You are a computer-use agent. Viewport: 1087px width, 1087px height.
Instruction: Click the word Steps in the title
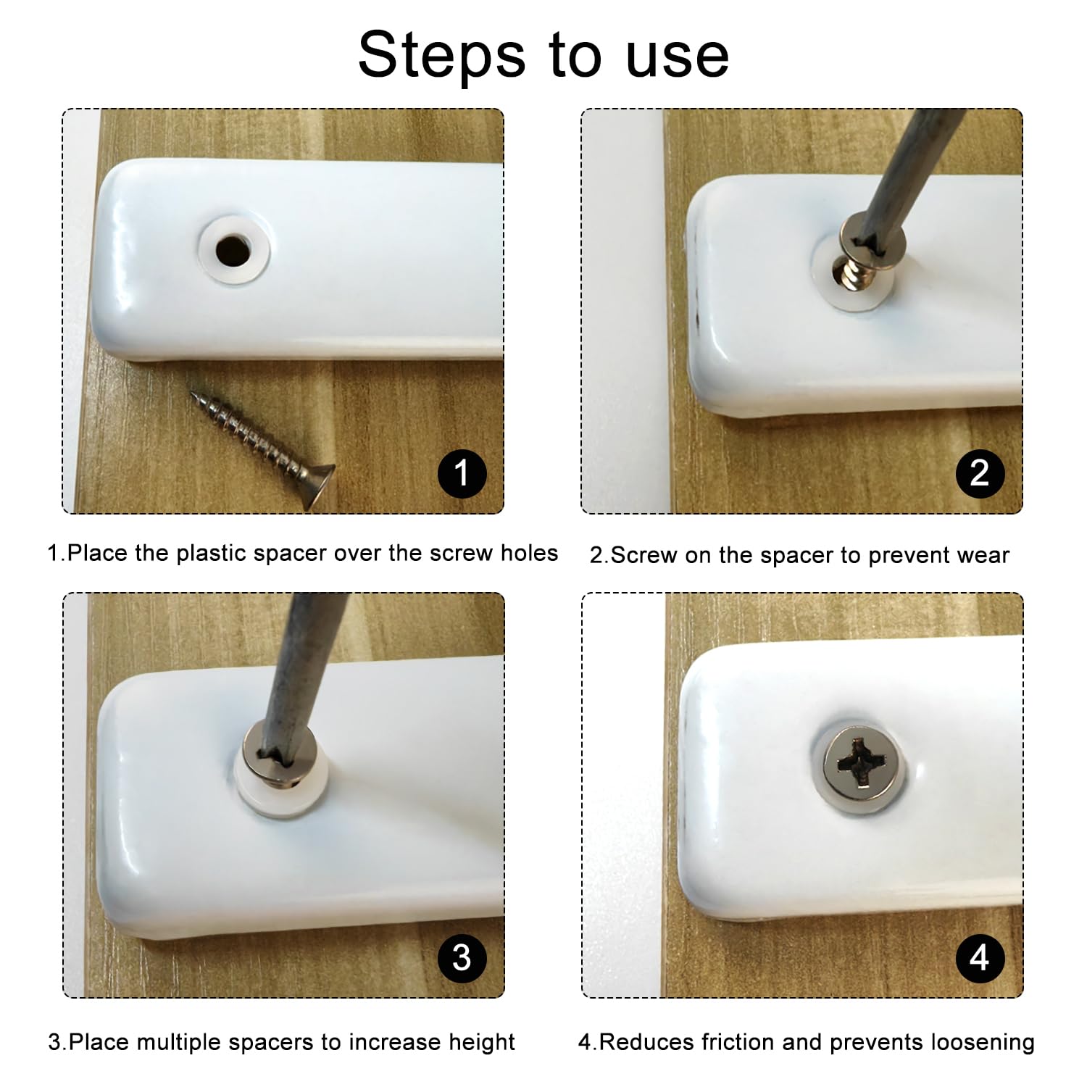point(441,55)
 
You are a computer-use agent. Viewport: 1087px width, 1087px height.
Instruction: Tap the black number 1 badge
point(462,474)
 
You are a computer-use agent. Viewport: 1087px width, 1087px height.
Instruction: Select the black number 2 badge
point(980,474)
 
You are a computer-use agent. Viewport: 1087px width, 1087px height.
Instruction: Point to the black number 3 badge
point(462,958)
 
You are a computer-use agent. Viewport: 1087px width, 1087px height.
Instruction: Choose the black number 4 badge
point(980,958)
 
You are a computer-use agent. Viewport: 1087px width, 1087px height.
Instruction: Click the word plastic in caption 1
point(212,554)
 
